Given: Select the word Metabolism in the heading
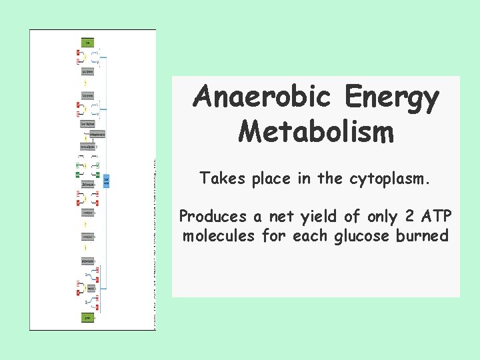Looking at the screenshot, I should [x=316, y=131].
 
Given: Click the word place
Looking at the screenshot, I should [x=273, y=179].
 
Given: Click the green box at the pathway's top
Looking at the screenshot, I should [x=88, y=42].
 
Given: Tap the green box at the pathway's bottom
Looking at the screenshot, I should [x=88, y=318].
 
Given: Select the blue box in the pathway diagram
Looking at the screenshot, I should [x=107, y=180].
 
